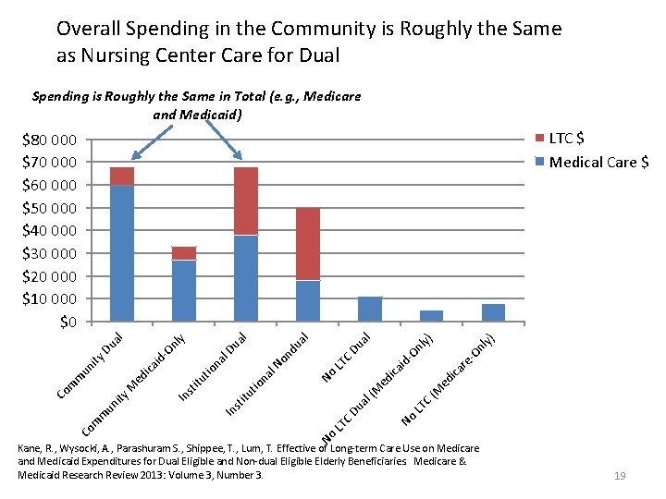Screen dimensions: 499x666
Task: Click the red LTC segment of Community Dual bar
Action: tap(122, 176)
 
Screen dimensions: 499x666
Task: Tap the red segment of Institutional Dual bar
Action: tap(246, 201)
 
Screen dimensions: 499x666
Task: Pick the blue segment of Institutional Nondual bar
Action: tap(308, 300)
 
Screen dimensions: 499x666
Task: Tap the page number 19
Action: tap(620, 475)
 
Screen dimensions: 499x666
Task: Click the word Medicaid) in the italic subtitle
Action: tap(211, 115)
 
